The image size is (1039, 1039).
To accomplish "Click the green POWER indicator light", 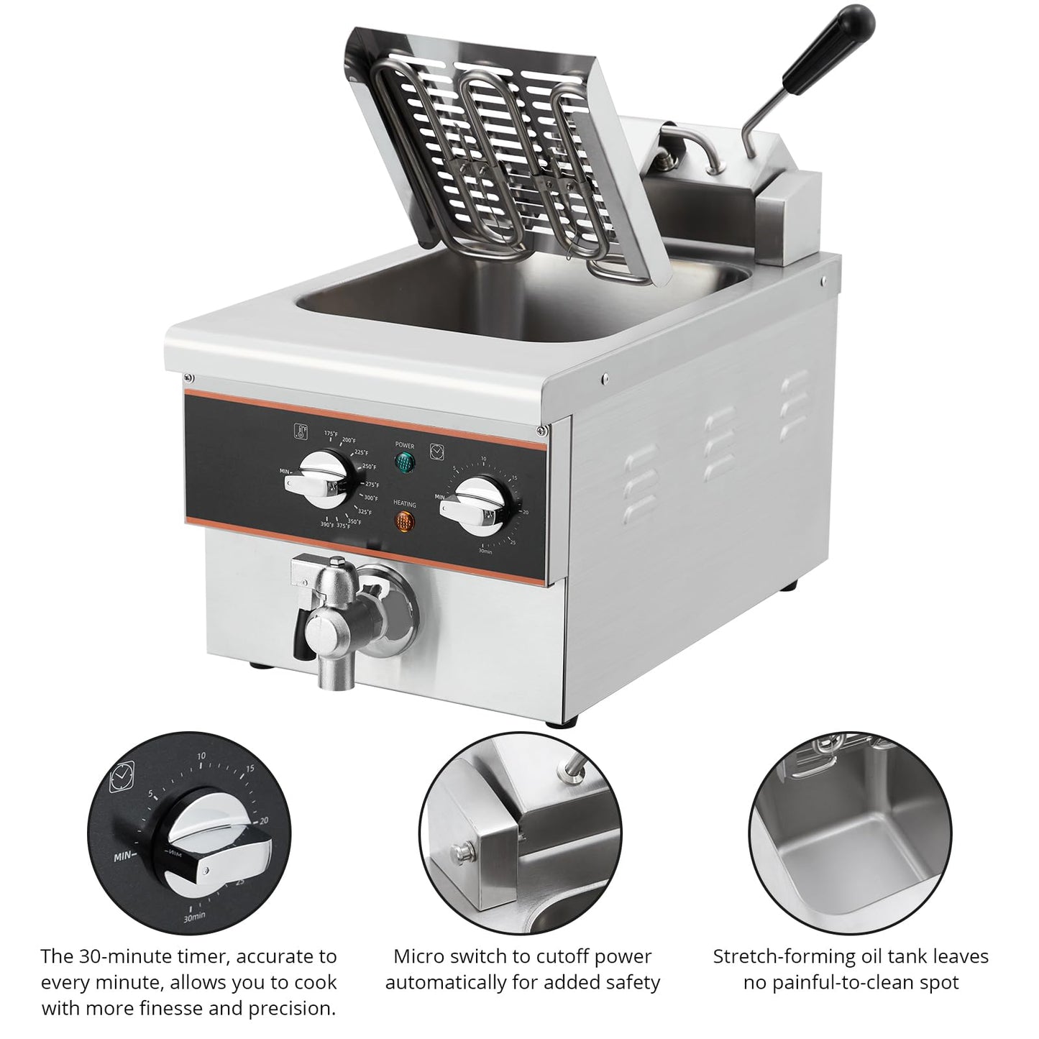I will pos(405,462).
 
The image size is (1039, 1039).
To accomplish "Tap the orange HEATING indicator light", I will pos(405,523).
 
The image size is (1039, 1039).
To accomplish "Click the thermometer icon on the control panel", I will pos(300,431).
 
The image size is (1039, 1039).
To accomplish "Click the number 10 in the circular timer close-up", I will pos(201,756).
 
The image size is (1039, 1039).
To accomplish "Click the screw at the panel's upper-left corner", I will pos(188,377).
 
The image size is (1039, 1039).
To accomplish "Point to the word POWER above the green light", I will pos(405,446).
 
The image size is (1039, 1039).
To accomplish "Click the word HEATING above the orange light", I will pos(405,504).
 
